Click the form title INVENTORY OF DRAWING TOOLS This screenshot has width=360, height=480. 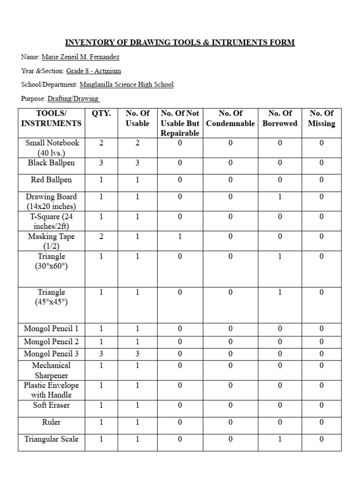point(180,43)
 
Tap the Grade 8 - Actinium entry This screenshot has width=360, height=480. point(93,71)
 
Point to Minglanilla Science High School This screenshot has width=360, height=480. point(127,84)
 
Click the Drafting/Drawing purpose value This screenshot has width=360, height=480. point(74,98)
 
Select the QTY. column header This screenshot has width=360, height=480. point(101,113)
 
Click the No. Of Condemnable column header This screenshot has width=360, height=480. point(231,118)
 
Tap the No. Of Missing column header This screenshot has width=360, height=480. point(321,118)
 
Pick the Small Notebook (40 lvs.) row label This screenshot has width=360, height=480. point(52,148)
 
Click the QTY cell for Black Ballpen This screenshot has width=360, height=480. point(101,163)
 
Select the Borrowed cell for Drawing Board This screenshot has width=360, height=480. point(280,197)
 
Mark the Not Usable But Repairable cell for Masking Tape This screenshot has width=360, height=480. point(180,237)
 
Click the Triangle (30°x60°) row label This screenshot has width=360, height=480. point(52,261)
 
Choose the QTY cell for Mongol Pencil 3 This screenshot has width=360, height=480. point(101,354)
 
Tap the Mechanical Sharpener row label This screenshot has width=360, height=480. point(52,370)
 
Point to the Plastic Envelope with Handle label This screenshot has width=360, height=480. point(52,390)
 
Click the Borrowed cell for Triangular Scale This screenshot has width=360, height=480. point(280,439)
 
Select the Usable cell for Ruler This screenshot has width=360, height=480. point(137,422)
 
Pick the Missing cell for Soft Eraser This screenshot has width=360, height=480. point(321,405)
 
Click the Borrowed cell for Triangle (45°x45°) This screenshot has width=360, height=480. point(280,292)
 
